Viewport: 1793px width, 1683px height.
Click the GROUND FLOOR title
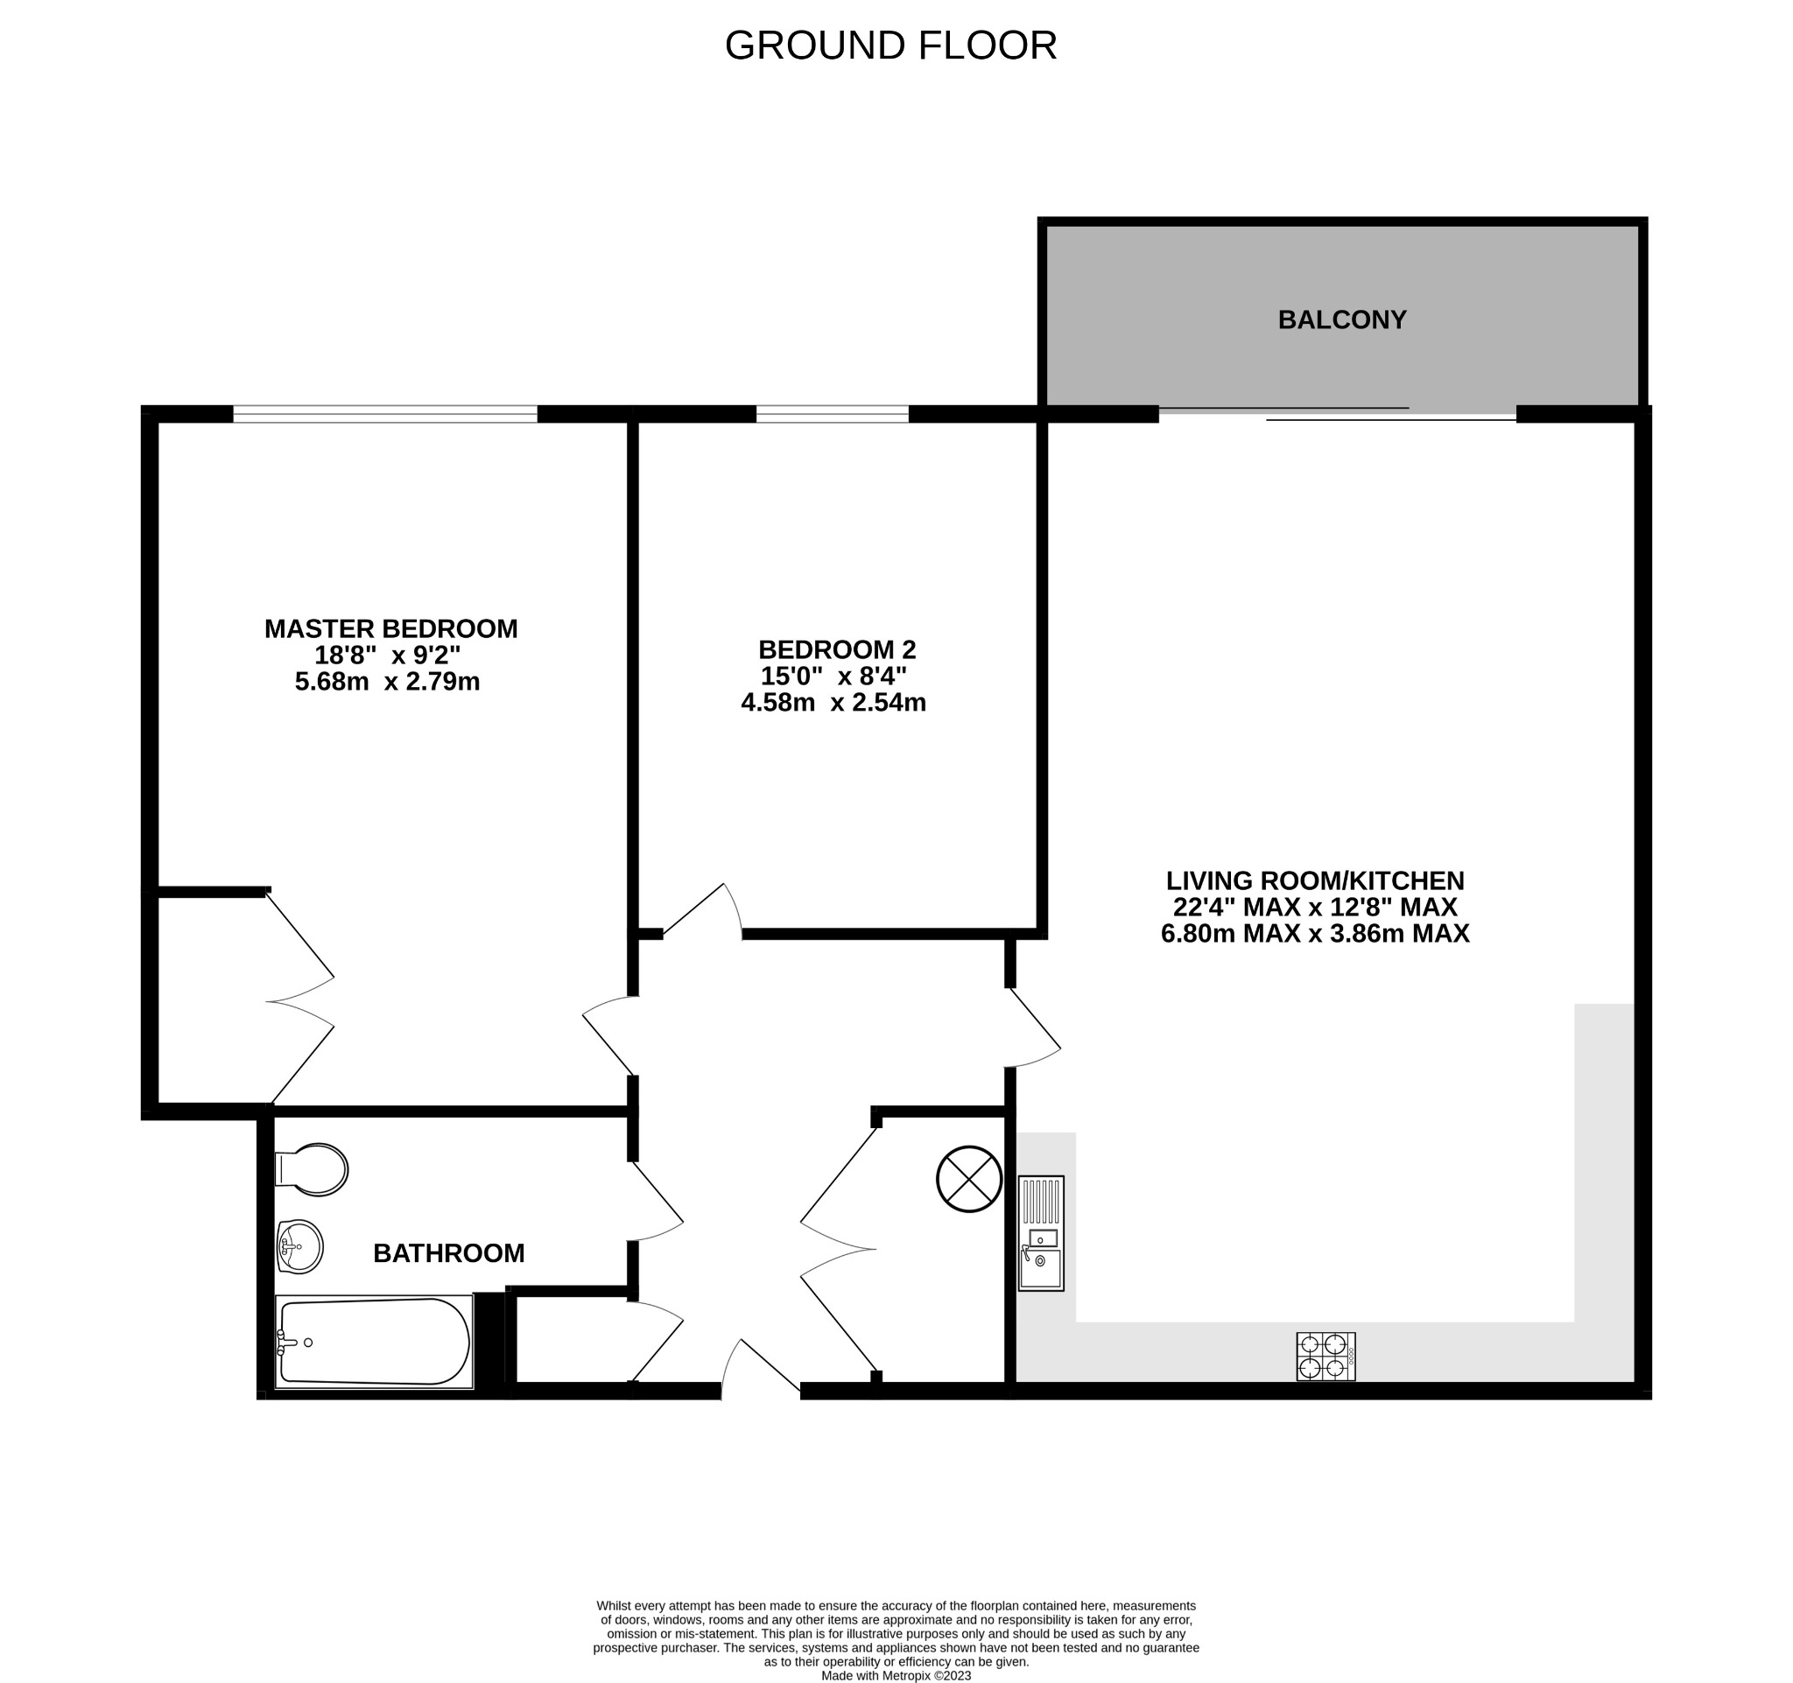[890, 45]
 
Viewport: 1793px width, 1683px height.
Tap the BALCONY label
[1341, 320]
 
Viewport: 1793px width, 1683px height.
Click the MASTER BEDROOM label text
[390, 628]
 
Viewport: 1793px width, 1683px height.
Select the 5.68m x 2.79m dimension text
[387, 682]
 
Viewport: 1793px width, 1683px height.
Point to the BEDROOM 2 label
[836, 649]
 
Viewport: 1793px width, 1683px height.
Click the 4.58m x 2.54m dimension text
[833, 702]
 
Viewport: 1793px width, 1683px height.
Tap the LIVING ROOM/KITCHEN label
[1314, 880]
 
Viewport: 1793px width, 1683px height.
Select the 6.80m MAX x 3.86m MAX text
[1314, 933]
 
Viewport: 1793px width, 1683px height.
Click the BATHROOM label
[448, 1253]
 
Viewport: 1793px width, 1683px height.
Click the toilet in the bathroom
[312, 1170]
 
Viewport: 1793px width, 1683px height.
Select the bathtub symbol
[373, 1343]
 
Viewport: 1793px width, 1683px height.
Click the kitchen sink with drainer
[1041, 1233]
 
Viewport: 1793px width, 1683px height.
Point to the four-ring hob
[1325, 1357]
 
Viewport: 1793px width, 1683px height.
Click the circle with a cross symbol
[968, 1179]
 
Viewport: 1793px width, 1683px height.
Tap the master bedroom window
[385, 414]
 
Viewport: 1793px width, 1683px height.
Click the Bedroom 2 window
[832, 414]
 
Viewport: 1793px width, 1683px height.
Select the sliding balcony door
[1338, 414]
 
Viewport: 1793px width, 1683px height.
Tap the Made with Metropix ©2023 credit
[896, 1676]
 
